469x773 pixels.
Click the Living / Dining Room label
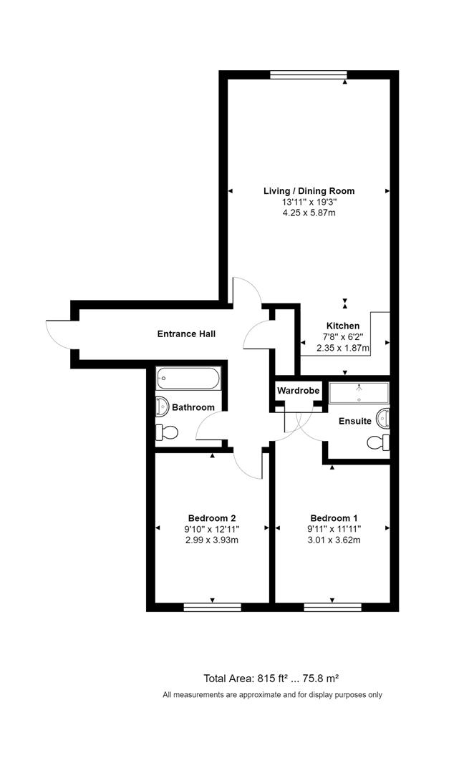[x=309, y=191]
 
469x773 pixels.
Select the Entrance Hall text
[x=186, y=334]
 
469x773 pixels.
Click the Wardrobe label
[x=298, y=392]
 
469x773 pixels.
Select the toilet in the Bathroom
[x=166, y=432]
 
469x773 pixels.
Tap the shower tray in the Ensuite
[x=359, y=392]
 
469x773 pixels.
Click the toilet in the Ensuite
[x=378, y=442]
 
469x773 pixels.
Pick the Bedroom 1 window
[x=332, y=607]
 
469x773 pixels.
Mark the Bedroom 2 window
[x=213, y=607]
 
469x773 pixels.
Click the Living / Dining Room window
[x=309, y=74]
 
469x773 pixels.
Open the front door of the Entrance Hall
[x=59, y=334]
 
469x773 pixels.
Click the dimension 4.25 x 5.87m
[x=309, y=214]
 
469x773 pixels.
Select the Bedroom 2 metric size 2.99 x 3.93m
[x=213, y=540]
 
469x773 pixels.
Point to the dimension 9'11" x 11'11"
[x=332, y=529]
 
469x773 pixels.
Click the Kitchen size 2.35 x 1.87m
[x=343, y=349]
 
